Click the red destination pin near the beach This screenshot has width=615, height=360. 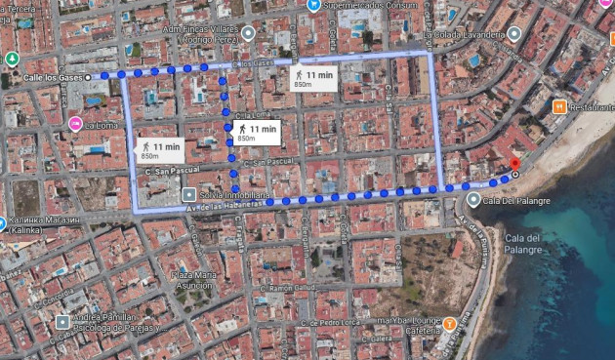tap(515, 164)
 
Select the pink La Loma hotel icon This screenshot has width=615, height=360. tap(75, 124)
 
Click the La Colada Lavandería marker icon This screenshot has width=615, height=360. tap(514, 33)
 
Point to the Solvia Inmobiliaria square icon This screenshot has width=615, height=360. tap(189, 195)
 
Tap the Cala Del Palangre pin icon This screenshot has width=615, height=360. tap(474, 200)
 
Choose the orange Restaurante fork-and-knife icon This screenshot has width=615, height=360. tap(559, 106)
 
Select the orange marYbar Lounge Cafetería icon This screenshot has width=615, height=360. tap(449, 323)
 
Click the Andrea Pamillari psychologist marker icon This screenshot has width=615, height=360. tap(62, 321)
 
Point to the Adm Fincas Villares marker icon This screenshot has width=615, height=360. tap(248, 33)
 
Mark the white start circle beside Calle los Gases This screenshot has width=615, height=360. tap(88, 76)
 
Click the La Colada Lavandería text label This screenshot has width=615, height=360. tap(464, 33)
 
